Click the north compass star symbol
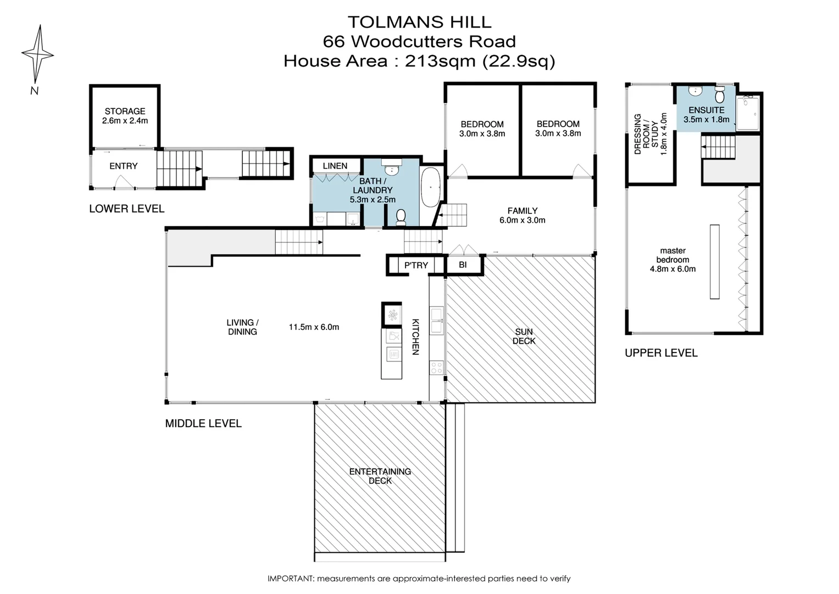(37, 53)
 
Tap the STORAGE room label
(125, 111)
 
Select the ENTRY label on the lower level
(123, 166)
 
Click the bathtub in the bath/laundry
(430, 188)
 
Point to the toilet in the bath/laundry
(401, 217)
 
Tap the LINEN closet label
(335, 166)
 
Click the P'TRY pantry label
(416, 265)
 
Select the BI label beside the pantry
(463, 265)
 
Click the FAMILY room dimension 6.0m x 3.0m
(522, 220)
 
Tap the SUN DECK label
(524, 336)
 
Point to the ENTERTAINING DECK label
(380, 476)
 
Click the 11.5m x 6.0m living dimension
(314, 327)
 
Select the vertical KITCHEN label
(416, 337)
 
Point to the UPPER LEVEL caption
(661, 353)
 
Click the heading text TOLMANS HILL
(419, 22)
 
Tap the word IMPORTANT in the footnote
(290, 579)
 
